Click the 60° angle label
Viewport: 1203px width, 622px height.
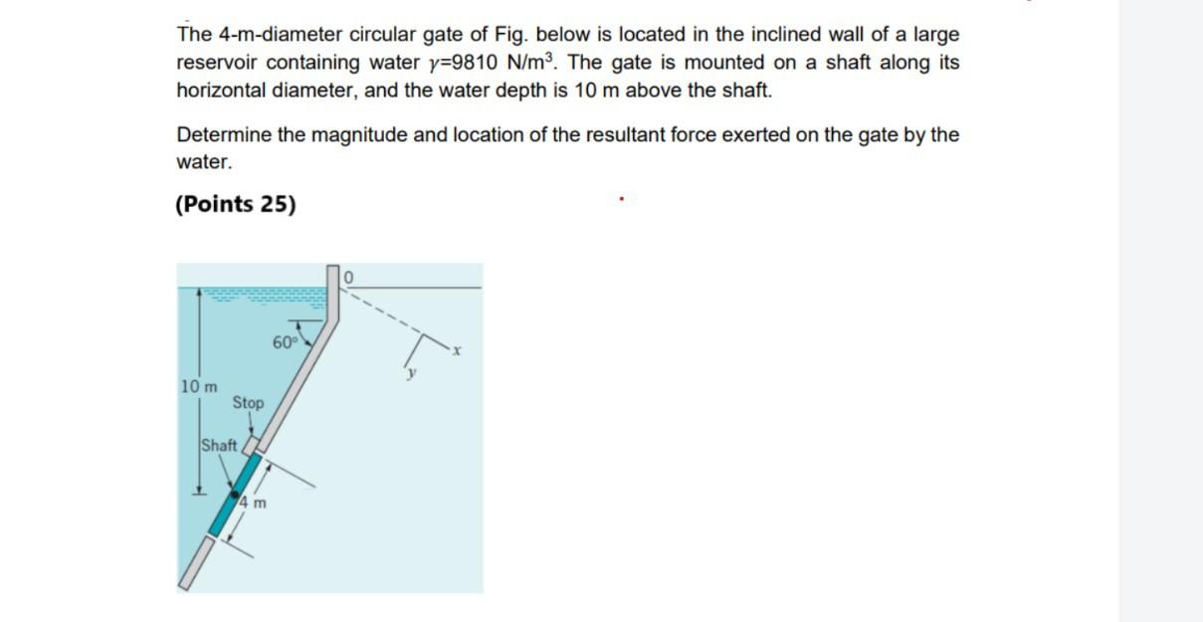coord(285,343)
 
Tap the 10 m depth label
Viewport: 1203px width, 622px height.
coord(199,386)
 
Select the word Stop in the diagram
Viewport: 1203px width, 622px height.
coord(248,403)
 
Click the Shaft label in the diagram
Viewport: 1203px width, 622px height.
coord(219,445)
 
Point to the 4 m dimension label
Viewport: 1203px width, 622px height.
coord(253,503)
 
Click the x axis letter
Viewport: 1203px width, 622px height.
coord(458,349)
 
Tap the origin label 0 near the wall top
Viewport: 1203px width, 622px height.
coord(349,276)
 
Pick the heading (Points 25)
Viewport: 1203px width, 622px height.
coord(236,204)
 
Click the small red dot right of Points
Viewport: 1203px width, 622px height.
coord(621,199)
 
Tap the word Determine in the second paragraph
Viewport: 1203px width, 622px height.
coord(224,134)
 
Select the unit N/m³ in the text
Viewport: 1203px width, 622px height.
coord(533,63)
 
